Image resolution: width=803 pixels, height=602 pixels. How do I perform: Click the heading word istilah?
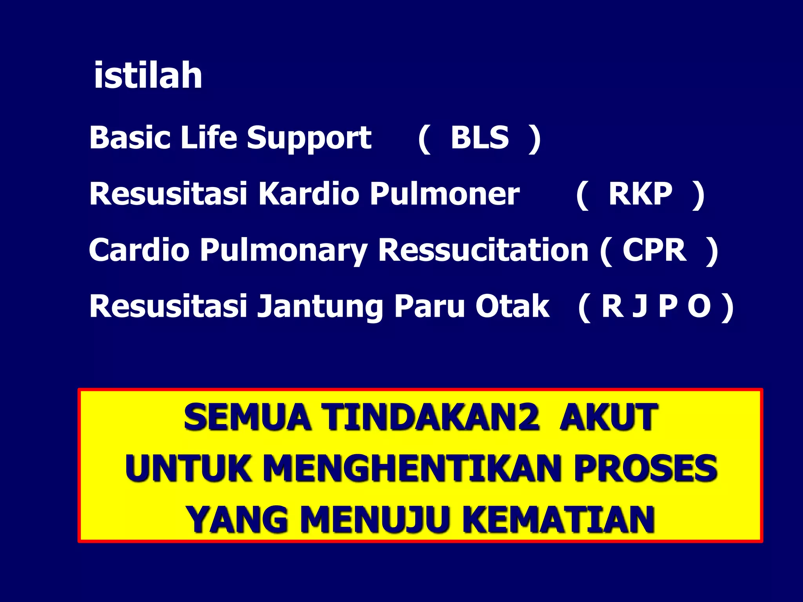[x=148, y=75]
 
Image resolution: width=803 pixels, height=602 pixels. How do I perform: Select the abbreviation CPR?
[x=654, y=250]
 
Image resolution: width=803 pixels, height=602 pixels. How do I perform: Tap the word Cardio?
[x=139, y=250]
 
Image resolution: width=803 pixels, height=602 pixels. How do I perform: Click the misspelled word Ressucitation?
[x=483, y=250]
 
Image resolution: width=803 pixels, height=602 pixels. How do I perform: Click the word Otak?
[x=512, y=306]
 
